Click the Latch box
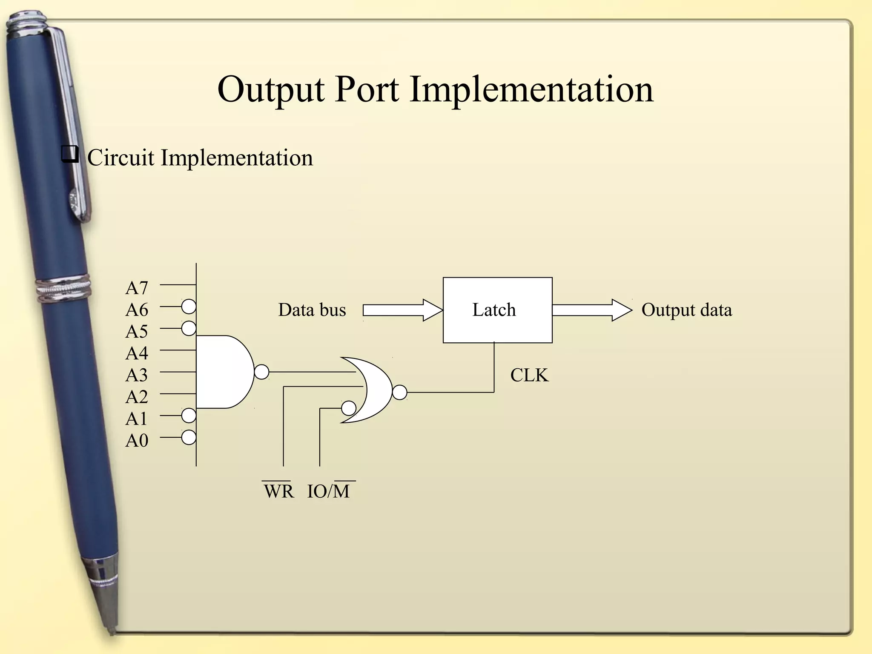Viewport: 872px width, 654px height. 497,310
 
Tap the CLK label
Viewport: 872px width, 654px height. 529,375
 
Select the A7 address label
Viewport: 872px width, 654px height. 137,288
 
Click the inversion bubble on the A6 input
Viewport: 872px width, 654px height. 189,306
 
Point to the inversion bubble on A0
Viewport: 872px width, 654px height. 189,437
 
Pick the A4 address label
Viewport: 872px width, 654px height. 137,353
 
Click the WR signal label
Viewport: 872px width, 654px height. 278,491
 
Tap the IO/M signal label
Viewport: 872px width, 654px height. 329,491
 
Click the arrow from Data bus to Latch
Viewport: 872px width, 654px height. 402,310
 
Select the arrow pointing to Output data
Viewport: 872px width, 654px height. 592,310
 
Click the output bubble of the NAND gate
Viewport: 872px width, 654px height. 262,372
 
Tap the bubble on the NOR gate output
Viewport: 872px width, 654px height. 399,392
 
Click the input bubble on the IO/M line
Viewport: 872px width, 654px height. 349,408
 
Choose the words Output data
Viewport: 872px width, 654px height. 686,310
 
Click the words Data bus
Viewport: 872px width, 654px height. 312,310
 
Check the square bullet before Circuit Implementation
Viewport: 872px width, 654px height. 70,154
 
